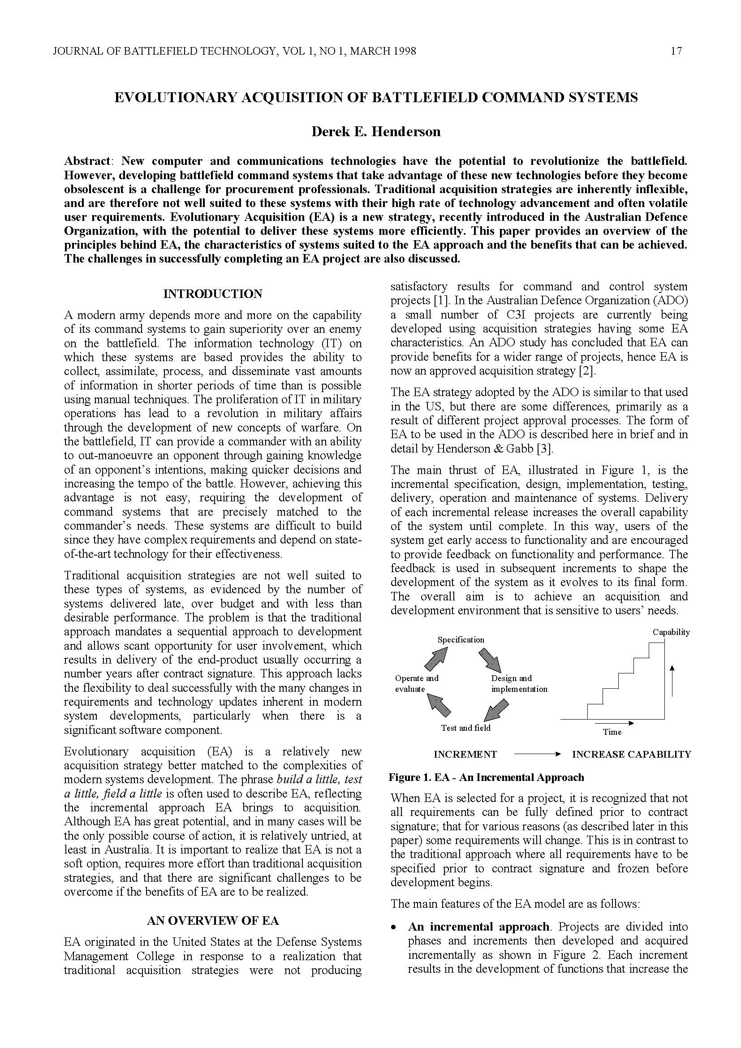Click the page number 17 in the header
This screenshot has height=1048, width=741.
[676, 51]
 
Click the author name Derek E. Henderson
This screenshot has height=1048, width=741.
[375, 132]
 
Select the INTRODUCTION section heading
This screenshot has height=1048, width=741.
[213, 294]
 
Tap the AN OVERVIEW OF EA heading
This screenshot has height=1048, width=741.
[213, 921]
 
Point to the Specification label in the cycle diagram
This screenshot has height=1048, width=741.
[461, 639]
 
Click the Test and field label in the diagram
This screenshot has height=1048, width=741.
[465, 728]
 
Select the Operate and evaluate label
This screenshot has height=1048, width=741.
[416, 683]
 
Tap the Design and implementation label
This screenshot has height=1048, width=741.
[519, 683]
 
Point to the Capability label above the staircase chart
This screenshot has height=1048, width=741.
[671, 632]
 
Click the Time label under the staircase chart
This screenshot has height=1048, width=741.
[612, 732]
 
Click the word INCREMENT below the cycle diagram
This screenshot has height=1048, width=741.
[465, 755]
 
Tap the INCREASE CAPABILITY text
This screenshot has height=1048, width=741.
[632, 755]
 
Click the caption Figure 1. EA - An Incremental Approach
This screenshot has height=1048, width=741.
[486, 777]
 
